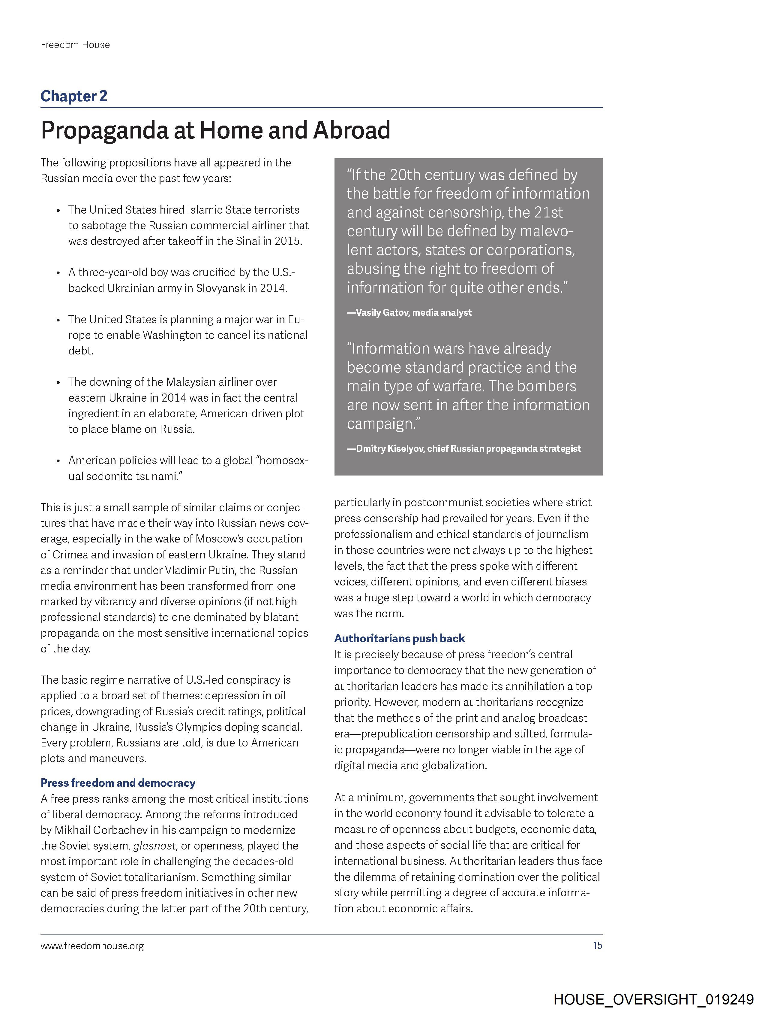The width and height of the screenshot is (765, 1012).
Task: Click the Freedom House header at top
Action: point(75,45)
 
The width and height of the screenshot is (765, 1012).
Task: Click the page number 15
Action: point(597,946)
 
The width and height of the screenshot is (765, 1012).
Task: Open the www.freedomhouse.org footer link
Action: point(92,946)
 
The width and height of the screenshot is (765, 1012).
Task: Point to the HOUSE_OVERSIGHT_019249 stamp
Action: point(653,999)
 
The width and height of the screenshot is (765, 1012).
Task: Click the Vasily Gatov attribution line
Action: point(409,312)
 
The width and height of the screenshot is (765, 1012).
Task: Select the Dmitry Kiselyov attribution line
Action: point(464,448)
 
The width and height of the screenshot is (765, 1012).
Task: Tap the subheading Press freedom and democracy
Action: point(118,783)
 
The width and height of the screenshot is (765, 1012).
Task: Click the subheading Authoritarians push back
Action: point(399,638)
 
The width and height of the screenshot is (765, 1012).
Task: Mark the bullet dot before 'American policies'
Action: point(58,461)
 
